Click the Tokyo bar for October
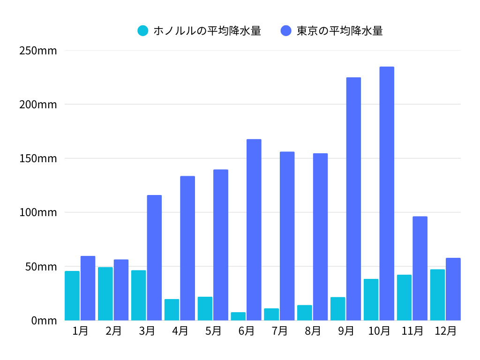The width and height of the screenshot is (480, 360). [x=387, y=194]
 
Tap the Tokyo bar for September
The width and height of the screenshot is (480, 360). [x=353, y=199]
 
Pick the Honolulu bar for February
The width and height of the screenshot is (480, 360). [x=105, y=293]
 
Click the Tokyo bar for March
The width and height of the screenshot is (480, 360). [x=154, y=258]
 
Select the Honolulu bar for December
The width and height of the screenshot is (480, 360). [x=437, y=295]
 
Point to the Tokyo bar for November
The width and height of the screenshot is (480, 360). [x=420, y=268]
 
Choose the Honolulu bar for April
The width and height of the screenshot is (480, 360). [x=172, y=310]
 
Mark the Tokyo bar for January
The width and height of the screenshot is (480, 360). [x=88, y=288]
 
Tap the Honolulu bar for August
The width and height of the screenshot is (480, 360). [x=305, y=313]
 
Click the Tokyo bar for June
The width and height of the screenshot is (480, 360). [x=254, y=230]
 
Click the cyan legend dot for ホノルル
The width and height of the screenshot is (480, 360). [x=143, y=31]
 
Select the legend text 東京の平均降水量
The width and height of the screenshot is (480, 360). [x=340, y=31]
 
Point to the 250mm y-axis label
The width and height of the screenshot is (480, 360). [x=38, y=51]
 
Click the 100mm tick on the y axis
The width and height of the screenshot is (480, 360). [x=38, y=212]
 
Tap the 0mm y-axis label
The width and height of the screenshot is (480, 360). [x=44, y=321]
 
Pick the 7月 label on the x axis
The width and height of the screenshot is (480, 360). [x=279, y=331]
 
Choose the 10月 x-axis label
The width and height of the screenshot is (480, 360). [x=379, y=331]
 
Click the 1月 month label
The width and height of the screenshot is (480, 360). [x=80, y=331]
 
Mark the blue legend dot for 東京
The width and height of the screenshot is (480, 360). [x=286, y=31]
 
